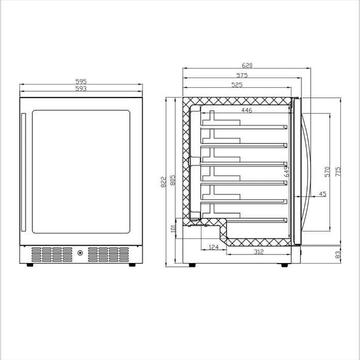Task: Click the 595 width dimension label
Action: pos(81,81)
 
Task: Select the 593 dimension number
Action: pos(81,89)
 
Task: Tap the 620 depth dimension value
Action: pos(247,66)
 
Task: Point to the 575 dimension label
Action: pos(242,75)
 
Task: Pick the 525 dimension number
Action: pos(237,85)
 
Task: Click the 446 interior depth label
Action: pos(247,110)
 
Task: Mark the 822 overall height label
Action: pos(163,182)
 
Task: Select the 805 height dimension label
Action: pos(172,180)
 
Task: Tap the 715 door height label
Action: pos(338,172)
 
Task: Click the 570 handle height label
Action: pos(327,172)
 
